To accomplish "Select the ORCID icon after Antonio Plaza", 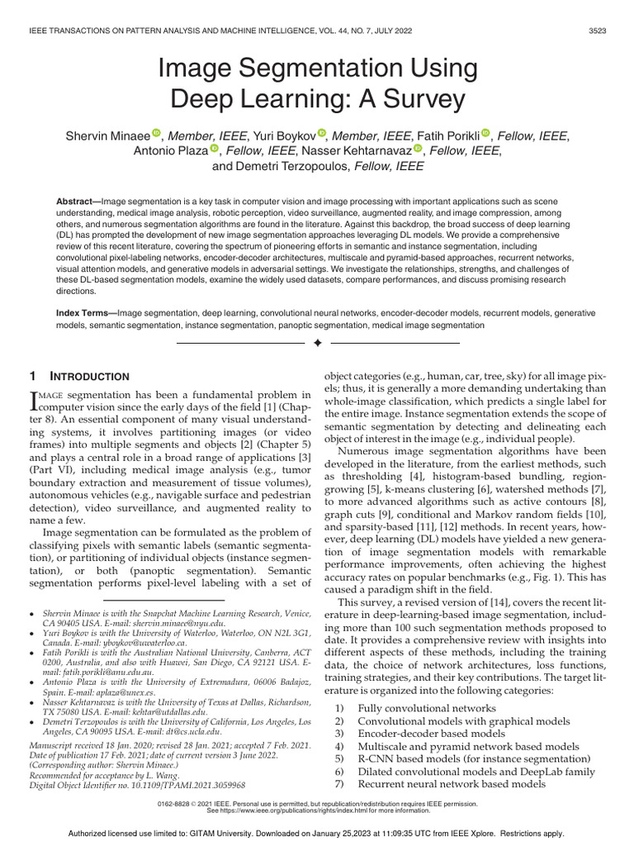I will click(215, 150).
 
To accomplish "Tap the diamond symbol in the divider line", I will click(316, 342).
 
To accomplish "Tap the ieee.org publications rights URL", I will click(317, 810).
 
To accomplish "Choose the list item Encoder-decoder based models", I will click(431, 733).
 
